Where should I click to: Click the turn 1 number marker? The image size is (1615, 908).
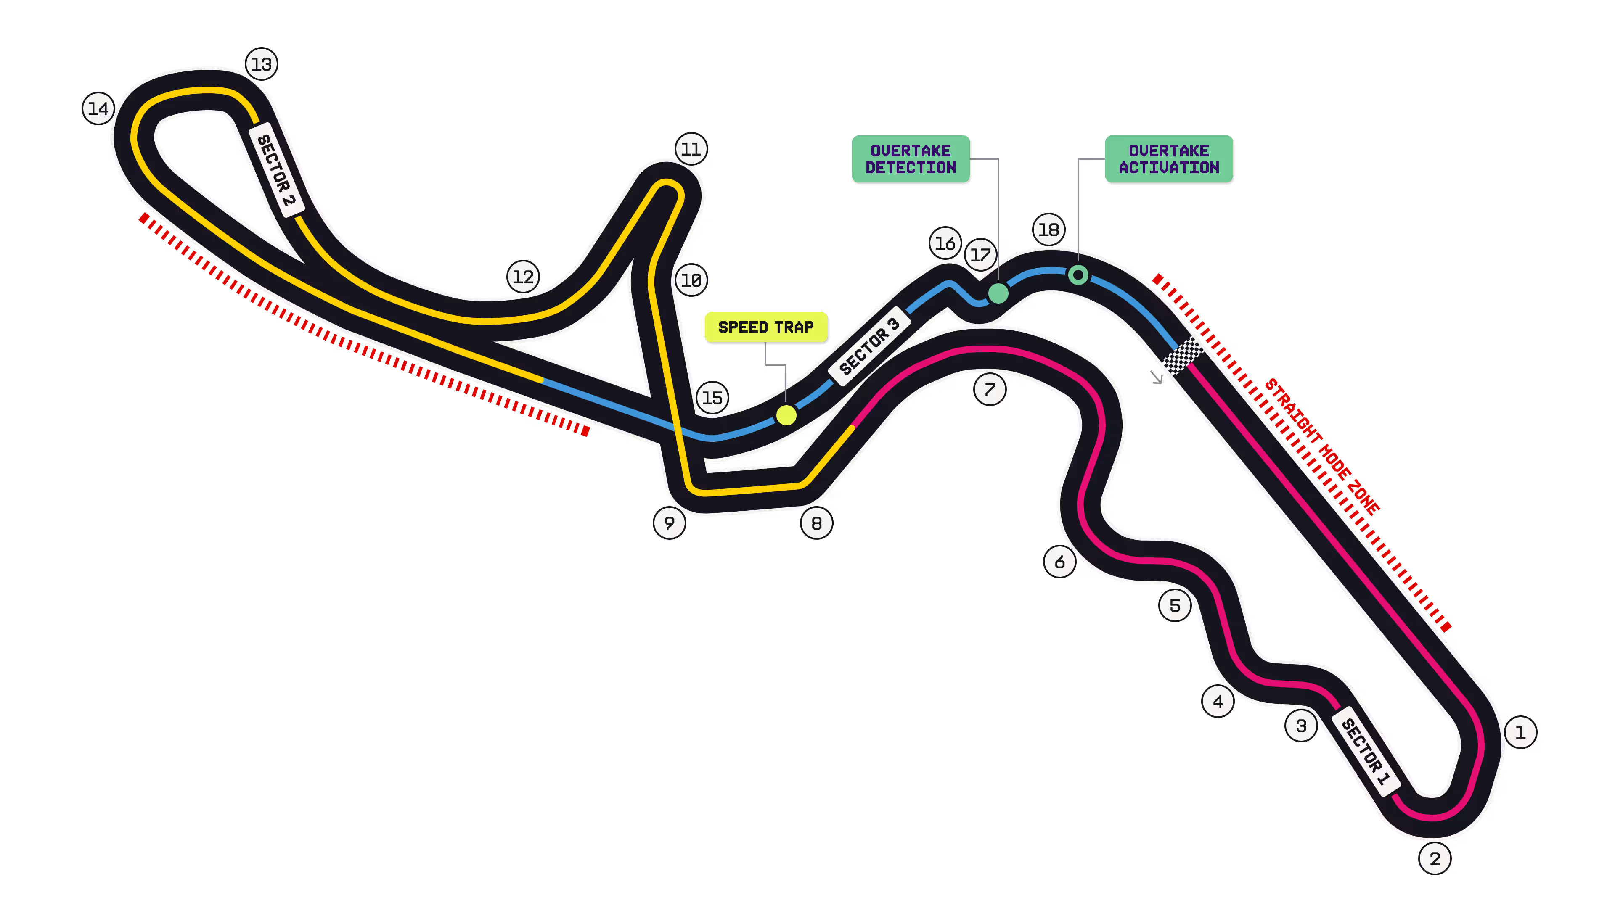(x=1520, y=732)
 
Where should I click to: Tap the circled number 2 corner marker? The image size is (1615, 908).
(x=1435, y=858)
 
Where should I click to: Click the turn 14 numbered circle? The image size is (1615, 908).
(x=98, y=108)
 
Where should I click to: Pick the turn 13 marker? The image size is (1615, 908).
(x=262, y=64)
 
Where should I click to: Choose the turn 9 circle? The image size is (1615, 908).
(x=670, y=523)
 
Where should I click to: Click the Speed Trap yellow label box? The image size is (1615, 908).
(x=766, y=327)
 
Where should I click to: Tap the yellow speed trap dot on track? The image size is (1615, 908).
(x=786, y=415)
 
